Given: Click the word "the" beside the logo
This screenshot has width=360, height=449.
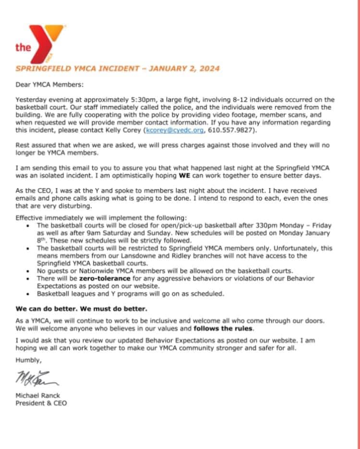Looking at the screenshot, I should [23, 47].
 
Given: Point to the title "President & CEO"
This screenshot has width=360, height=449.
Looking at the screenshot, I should [41, 403].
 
